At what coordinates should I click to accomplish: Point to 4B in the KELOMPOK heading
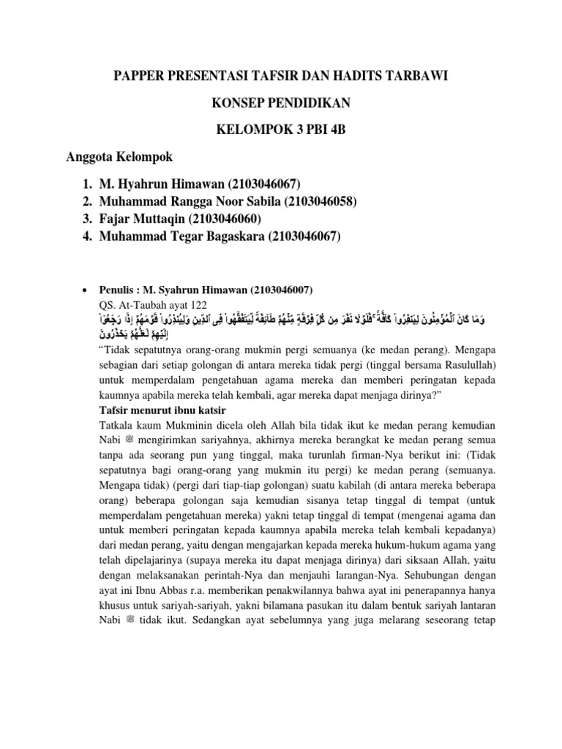pyautogui.click(x=334, y=131)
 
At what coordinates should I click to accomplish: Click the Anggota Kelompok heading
pyautogui.click(x=118, y=157)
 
